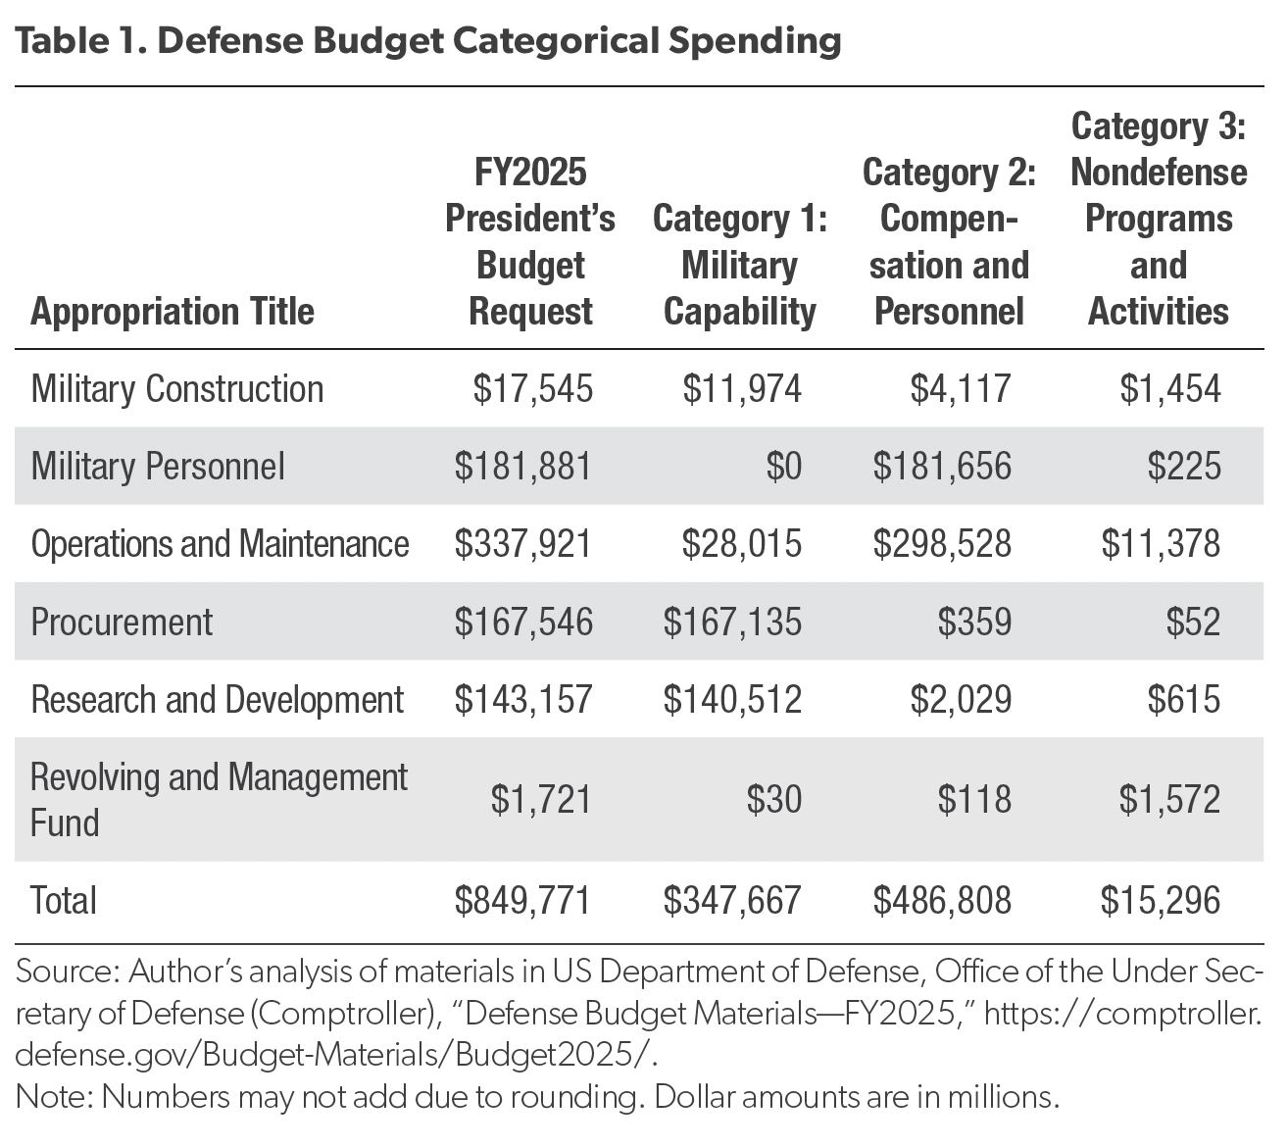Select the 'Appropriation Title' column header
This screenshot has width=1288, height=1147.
(x=173, y=312)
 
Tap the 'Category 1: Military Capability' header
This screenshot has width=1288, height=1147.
(x=740, y=265)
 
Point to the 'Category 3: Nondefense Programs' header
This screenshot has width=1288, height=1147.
(x=1159, y=218)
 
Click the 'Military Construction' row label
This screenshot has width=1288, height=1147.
(x=177, y=389)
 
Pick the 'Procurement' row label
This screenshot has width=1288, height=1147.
(x=122, y=623)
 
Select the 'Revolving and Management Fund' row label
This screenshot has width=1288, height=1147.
(x=219, y=799)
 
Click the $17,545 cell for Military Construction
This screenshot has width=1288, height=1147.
(x=533, y=389)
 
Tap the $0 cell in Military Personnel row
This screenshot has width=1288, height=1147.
(x=783, y=467)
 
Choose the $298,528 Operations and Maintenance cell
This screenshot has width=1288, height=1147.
(x=942, y=544)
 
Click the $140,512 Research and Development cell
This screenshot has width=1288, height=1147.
(x=732, y=700)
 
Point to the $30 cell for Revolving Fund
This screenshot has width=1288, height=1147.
(x=774, y=799)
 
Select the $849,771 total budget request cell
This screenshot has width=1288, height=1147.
(x=523, y=900)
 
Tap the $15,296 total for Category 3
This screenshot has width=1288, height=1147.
(x=1161, y=900)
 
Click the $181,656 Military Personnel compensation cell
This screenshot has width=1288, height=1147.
(x=942, y=467)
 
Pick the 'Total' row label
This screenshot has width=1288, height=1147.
(x=64, y=900)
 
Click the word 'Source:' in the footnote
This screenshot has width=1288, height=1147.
(x=68, y=972)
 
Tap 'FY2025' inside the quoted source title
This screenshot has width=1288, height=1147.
(x=903, y=1013)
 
